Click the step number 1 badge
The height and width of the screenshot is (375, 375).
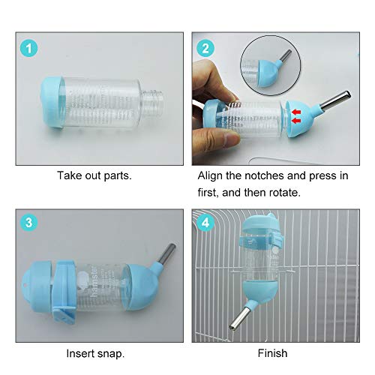(29, 48)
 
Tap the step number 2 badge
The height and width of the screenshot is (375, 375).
(205, 48)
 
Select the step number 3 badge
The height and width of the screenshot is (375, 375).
(29, 222)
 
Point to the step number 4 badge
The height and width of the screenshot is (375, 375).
(205, 222)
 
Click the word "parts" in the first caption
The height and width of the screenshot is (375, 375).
(118, 176)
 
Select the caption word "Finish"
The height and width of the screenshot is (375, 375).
(272, 353)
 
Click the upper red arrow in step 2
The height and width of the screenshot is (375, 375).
(296, 112)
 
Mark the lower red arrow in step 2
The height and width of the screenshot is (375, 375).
(296, 121)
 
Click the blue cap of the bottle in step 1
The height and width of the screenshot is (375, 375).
(52, 103)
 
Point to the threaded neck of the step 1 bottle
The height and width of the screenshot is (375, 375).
(152, 103)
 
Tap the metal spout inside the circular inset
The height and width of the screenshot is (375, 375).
(286, 55)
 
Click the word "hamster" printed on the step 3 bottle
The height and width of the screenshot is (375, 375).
(94, 282)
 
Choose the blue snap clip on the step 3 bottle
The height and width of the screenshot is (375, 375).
(64, 291)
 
